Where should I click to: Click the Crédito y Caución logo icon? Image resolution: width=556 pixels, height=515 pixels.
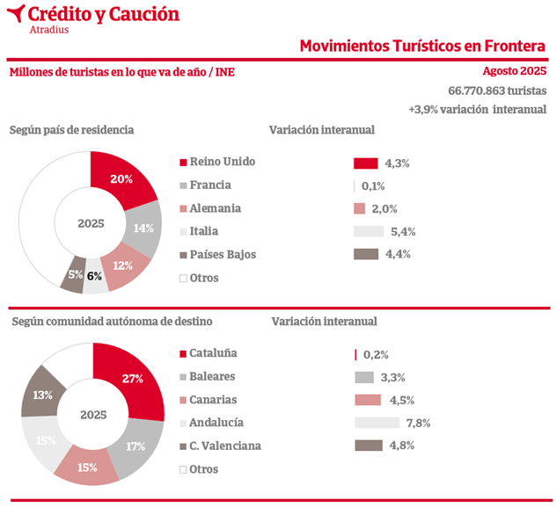(x=15, y=14)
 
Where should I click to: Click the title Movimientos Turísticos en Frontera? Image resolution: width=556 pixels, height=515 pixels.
(x=423, y=46)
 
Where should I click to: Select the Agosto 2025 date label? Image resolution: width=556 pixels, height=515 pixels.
(x=515, y=71)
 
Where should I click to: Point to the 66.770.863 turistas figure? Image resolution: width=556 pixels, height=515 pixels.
(x=497, y=91)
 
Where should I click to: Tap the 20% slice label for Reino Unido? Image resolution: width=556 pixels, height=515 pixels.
(x=121, y=179)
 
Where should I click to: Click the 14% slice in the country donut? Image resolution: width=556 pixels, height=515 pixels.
(x=143, y=227)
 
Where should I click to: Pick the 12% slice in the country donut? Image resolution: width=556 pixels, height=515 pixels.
(x=122, y=265)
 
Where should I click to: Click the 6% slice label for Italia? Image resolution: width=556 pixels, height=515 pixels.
(x=94, y=276)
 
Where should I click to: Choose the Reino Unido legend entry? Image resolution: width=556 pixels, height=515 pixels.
(x=222, y=162)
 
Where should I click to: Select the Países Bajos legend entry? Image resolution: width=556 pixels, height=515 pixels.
(x=222, y=255)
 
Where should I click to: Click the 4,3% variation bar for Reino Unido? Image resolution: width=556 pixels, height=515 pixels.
(x=366, y=163)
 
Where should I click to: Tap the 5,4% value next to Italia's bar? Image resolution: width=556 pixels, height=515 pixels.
(x=403, y=232)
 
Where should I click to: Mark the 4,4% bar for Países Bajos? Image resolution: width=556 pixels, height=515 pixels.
(x=366, y=255)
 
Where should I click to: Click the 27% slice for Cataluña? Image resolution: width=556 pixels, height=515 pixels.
(x=133, y=380)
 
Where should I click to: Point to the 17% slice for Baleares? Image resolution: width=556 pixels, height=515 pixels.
(x=135, y=446)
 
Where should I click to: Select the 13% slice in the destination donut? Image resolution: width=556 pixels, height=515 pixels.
(x=41, y=395)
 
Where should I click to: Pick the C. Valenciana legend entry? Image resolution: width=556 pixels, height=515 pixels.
(x=224, y=446)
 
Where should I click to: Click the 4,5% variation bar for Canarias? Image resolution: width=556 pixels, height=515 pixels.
(x=368, y=400)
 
